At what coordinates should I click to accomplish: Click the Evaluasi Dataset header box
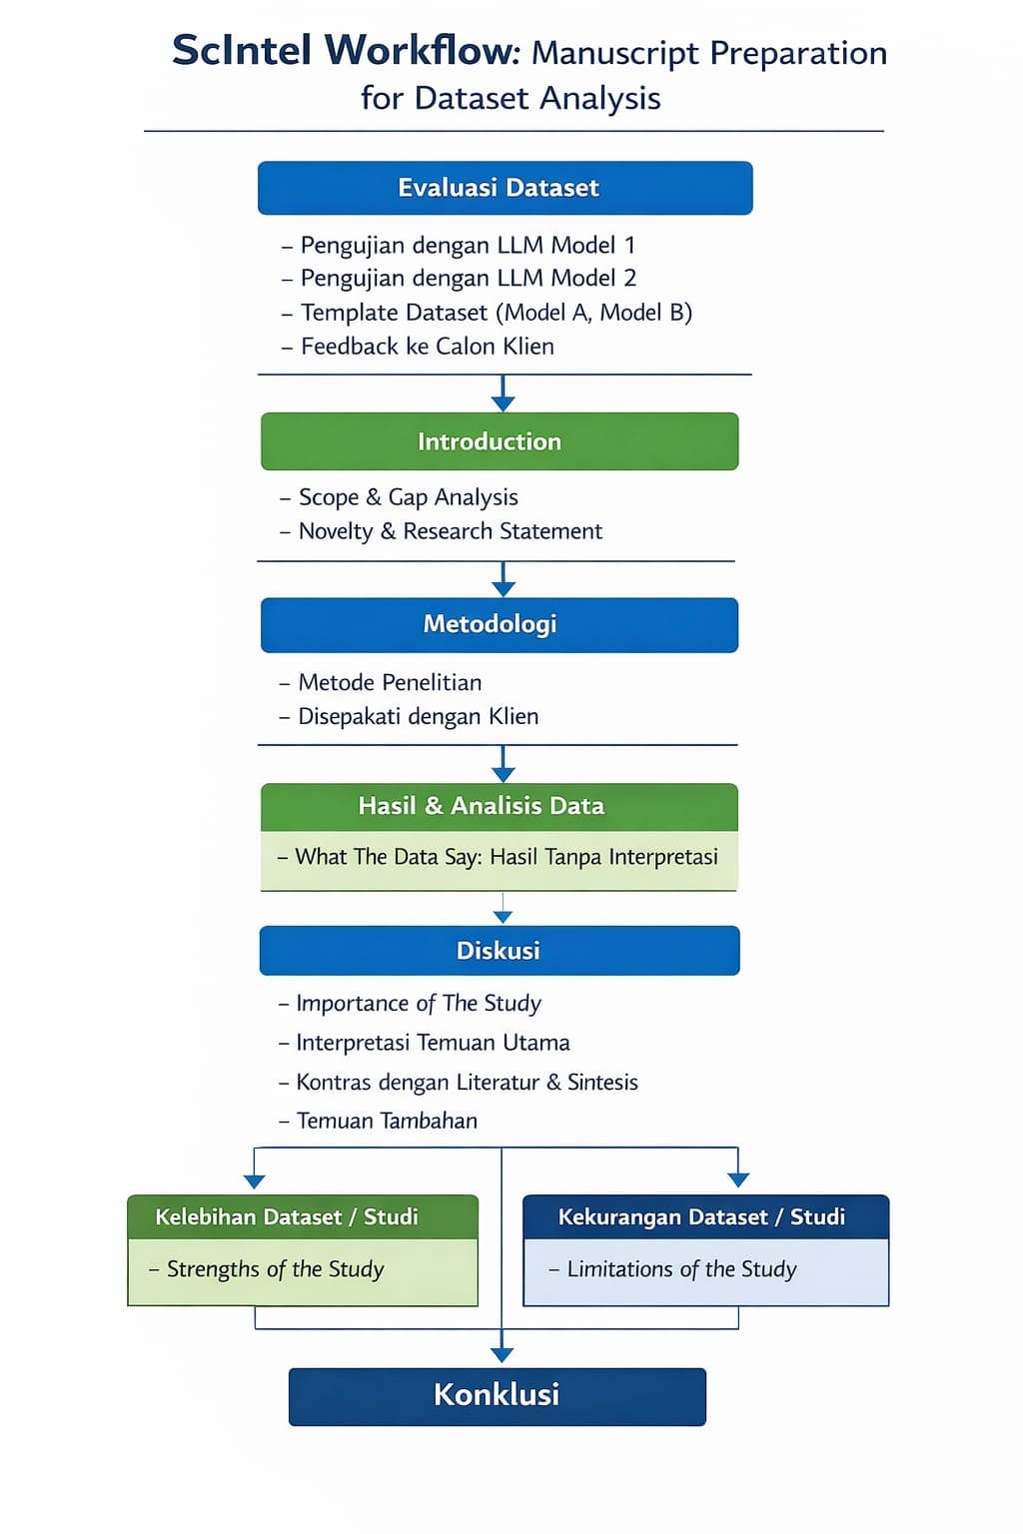tap(505, 188)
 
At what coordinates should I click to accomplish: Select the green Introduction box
tap(500, 441)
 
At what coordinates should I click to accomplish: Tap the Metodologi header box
tap(500, 624)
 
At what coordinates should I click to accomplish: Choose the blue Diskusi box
tap(499, 950)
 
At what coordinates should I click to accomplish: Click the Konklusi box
tap(497, 1395)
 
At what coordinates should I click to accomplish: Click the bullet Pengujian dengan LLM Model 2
tap(468, 278)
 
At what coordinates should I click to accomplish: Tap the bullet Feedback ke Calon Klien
tap(427, 347)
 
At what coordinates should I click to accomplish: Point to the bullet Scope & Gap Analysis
tap(408, 497)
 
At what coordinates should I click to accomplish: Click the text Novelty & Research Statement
tap(450, 531)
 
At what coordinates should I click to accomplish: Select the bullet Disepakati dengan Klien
tap(418, 717)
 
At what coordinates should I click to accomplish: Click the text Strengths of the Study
tap(275, 1269)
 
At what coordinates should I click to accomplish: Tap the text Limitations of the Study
tap(681, 1269)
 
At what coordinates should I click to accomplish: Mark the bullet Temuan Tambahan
tap(387, 1121)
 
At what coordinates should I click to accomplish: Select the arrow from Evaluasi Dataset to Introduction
tap(504, 393)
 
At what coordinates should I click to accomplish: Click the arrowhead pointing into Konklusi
tap(503, 1354)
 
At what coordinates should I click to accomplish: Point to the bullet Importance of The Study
tap(419, 1004)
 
